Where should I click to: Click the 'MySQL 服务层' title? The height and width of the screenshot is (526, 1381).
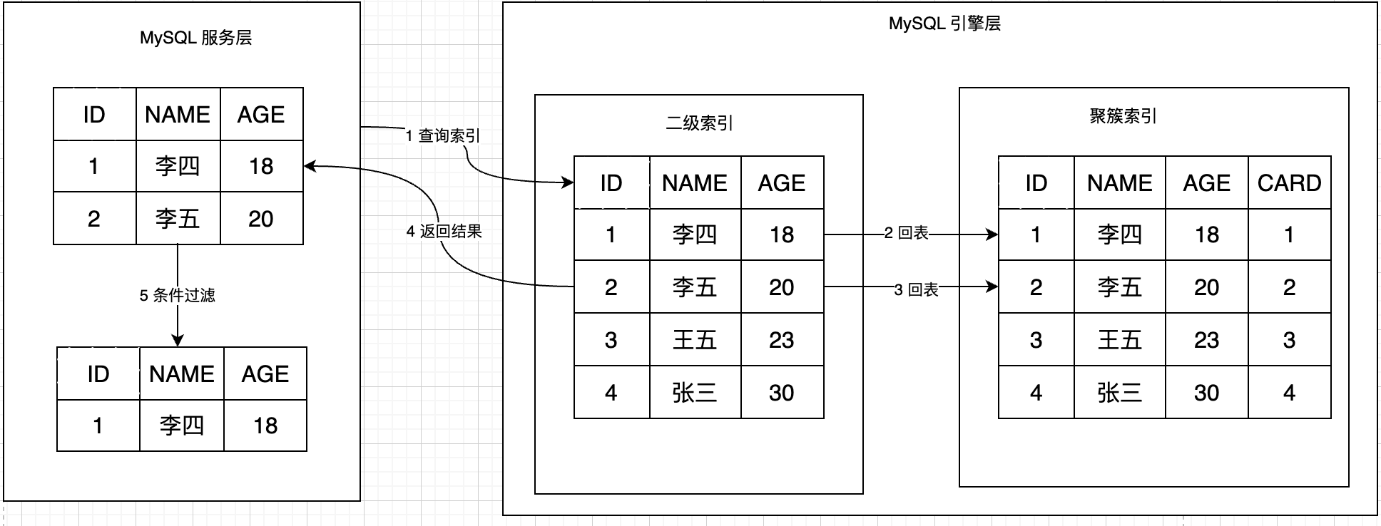[x=195, y=38]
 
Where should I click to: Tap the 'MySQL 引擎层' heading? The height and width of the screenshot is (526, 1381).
[x=944, y=24]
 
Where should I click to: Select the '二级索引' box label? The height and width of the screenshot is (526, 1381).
[x=699, y=123]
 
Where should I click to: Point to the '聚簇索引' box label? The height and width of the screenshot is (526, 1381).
[x=1123, y=116]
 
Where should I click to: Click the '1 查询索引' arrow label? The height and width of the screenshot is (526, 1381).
[x=442, y=135]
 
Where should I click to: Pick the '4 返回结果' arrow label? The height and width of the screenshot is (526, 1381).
[x=444, y=231]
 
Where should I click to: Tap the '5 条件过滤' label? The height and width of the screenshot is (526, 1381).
[x=177, y=295]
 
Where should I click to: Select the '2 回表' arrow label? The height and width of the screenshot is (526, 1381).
[x=906, y=233]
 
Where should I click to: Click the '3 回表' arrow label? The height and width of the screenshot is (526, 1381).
[x=916, y=289]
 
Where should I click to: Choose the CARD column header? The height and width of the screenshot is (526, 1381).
[x=1289, y=183]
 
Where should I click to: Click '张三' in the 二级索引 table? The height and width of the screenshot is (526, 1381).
[x=694, y=393]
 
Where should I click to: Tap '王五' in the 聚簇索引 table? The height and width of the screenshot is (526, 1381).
[x=1119, y=340]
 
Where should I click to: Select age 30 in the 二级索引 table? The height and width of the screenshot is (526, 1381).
[x=782, y=393]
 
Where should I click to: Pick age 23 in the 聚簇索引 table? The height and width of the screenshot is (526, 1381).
[x=1206, y=340]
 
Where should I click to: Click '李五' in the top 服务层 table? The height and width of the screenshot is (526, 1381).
[x=178, y=219]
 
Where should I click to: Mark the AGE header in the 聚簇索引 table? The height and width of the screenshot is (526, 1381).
[x=1206, y=183]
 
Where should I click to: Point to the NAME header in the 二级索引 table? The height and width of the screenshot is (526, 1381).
[x=694, y=183]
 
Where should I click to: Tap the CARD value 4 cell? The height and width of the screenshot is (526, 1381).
[x=1289, y=393]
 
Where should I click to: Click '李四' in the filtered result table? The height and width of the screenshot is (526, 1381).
[x=181, y=426]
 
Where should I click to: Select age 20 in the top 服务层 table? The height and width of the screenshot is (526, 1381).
[x=261, y=219]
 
